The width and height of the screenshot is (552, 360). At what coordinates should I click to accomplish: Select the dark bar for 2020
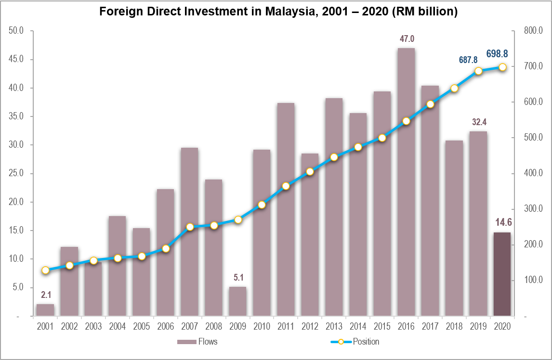click(502, 274)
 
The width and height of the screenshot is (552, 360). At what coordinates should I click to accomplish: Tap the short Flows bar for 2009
click(237, 302)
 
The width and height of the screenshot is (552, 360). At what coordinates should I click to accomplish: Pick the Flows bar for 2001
click(45, 310)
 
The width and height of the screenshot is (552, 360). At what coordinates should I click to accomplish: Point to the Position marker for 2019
click(478, 71)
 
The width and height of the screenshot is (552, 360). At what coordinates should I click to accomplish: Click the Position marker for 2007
click(190, 227)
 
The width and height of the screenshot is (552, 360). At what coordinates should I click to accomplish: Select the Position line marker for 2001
click(45, 270)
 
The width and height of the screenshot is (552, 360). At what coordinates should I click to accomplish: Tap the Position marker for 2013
click(334, 157)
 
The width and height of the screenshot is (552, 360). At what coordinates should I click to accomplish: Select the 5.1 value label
click(238, 277)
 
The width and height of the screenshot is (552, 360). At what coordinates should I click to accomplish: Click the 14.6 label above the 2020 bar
click(502, 222)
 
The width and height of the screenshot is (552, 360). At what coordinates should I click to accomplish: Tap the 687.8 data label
click(468, 60)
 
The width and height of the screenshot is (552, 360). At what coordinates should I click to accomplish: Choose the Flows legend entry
click(197, 342)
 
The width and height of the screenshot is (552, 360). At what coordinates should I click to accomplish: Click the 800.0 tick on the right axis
click(533, 31)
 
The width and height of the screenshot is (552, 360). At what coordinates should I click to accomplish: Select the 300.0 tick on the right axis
click(533, 209)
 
